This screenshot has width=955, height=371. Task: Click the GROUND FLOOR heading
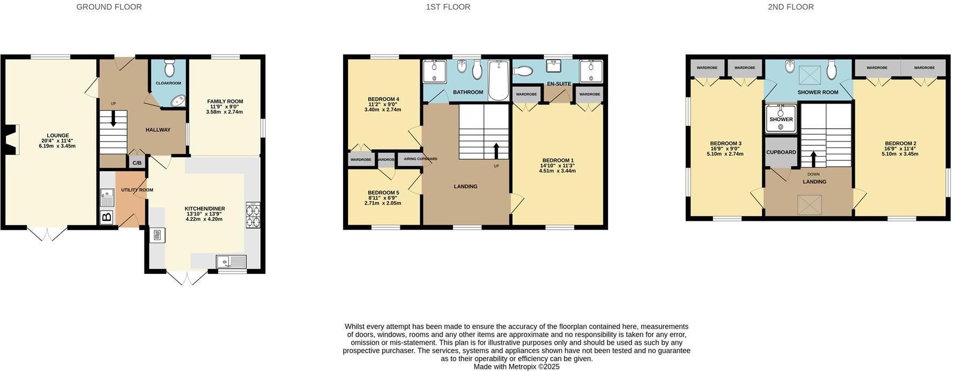109,7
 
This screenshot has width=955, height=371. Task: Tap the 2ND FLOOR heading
791,7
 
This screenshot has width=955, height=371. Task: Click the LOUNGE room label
58,136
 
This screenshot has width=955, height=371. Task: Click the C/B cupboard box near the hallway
137,162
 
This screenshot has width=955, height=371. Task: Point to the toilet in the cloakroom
170,68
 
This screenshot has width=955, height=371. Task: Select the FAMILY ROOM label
225,101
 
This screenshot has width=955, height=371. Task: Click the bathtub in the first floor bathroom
498,80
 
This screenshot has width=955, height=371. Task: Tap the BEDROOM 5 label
383,192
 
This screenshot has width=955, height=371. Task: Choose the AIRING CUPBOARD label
421,159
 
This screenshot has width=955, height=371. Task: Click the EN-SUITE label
559,84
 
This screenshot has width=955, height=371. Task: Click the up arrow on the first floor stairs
496,151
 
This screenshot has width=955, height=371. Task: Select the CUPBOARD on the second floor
781,152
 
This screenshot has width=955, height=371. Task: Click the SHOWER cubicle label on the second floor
781,120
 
